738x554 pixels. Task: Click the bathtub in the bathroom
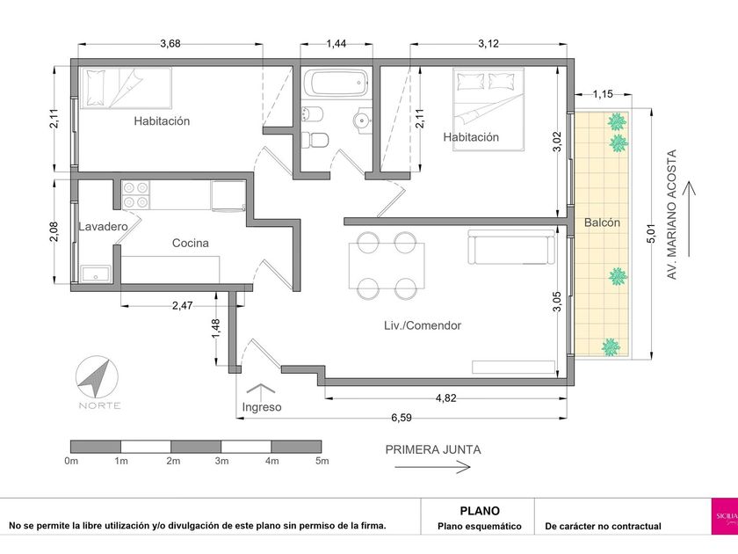(x=336, y=84)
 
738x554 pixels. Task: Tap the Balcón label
(x=602, y=222)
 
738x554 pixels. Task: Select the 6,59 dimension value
(x=402, y=418)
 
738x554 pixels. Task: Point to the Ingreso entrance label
(x=262, y=407)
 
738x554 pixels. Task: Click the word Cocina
(x=190, y=243)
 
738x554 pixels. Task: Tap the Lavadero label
(x=103, y=227)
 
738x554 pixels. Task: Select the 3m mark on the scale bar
(x=221, y=461)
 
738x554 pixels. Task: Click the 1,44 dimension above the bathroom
(x=336, y=44)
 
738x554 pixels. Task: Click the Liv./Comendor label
(x=423, y=325)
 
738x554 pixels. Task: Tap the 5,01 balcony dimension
(x=651, y=234)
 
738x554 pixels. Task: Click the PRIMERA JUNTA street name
(x=433, y=450)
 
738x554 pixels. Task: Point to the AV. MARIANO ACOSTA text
(x=672, y=215)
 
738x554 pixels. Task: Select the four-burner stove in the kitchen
(x=136, y=195)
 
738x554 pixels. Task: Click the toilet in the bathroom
(x=315, y=141)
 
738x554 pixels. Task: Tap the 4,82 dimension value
(x=445, y=398)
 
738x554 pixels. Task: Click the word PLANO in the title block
(x=480, y=511)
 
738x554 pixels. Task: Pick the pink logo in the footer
(x=724, y=516)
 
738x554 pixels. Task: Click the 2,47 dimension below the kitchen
(x=182, y=306)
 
